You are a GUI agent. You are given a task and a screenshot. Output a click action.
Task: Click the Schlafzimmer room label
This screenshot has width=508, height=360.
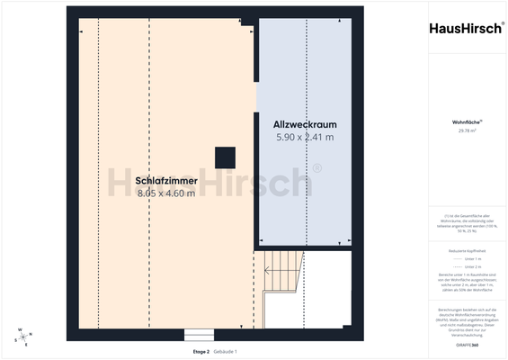[166, 180]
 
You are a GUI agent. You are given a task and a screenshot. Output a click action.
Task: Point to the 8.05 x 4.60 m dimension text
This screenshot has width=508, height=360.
[166, 193]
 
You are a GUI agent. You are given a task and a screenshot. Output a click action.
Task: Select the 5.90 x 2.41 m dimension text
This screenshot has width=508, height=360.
[305, 138]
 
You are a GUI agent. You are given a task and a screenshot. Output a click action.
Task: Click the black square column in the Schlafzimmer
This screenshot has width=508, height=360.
[224, 157]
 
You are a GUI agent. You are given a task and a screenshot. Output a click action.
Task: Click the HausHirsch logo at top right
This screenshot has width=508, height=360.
[467, 28]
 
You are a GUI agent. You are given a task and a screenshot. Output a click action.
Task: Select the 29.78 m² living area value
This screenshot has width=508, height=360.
[467, 130]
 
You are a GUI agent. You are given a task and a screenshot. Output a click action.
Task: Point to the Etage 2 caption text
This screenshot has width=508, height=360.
[201, 351]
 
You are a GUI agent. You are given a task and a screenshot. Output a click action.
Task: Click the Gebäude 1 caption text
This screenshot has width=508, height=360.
[226, 351]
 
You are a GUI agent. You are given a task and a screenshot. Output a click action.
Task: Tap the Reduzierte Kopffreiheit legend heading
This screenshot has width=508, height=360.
[467, 249]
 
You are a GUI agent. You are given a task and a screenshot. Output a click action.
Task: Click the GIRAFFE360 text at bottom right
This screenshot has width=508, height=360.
[467, 346]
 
